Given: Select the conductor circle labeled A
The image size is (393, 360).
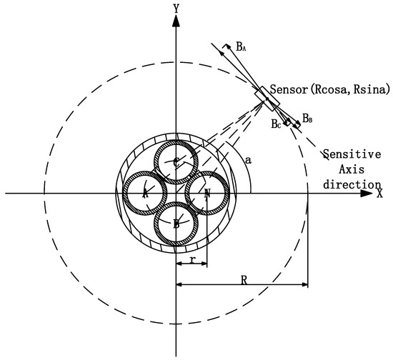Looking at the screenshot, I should [x=146, y=193].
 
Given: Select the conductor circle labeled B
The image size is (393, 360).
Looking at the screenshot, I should [x=176, y=224].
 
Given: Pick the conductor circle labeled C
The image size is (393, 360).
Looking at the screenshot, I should [x=176, y=162].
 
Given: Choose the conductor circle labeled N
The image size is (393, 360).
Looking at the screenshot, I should [x=207, y=193].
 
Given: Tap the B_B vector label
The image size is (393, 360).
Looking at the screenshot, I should [x=307, y=118].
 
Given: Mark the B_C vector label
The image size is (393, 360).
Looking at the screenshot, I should [x=276, y=123].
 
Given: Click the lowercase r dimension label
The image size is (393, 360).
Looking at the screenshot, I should [x=192, y=261].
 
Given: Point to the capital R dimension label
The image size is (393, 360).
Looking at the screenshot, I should [x=244, y=281].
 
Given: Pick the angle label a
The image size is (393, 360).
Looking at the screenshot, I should [x=248, y=162].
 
